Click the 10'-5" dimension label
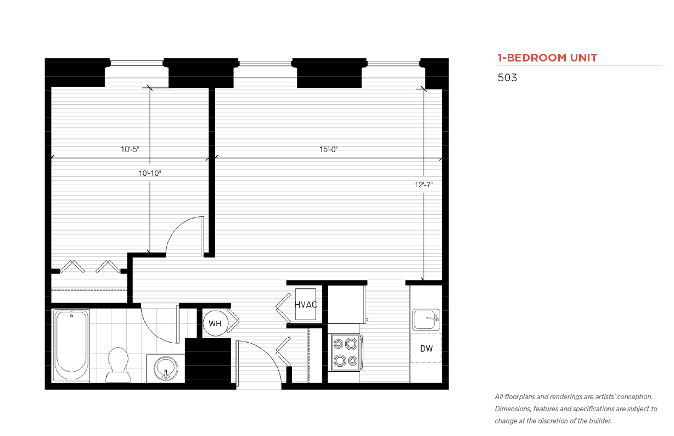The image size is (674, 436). [x=130, y=149]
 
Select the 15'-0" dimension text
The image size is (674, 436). [x=328, y=149]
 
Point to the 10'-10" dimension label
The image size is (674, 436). [x=149, y=173]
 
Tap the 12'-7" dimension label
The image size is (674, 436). [x=423, y=185]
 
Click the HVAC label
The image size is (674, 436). [x=306, y=305]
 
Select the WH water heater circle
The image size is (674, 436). [x=215, y=323]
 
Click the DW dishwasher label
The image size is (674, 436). [x=426, y=349]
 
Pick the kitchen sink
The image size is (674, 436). [x=426, y=319]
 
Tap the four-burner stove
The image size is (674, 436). [x=346, y=353]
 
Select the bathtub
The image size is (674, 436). [x=71, y=345]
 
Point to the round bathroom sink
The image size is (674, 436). [x=166, y=368]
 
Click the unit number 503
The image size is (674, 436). [x=507, y=77]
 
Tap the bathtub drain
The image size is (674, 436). [x=71, y=316]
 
